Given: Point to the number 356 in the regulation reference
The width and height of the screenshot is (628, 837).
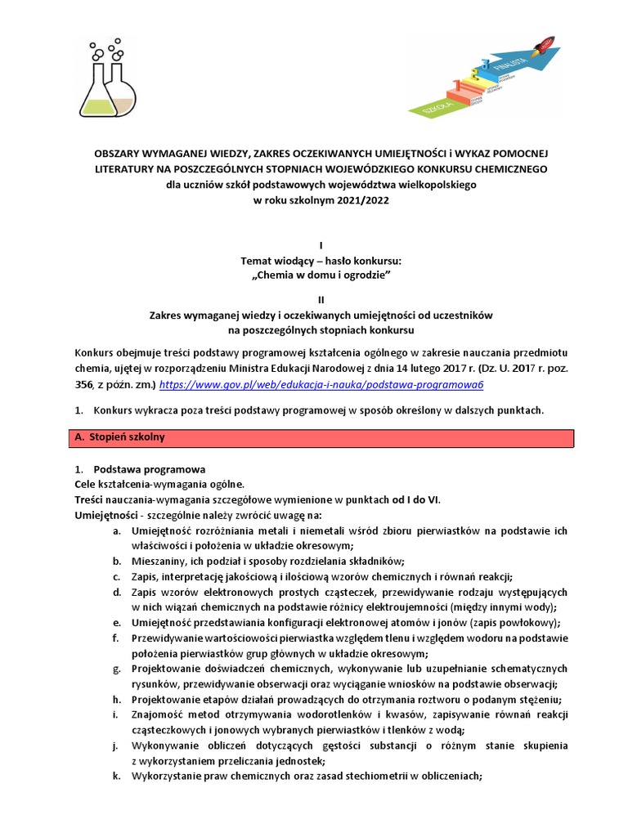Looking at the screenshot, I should coord(83,383).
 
